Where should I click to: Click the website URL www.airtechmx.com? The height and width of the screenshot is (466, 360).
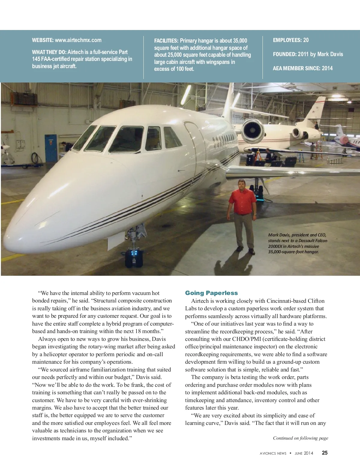[x=78, y=40]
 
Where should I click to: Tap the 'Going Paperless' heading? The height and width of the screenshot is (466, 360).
[x=211, y=293]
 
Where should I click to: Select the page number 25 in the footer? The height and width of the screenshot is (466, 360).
[x=325, y=453]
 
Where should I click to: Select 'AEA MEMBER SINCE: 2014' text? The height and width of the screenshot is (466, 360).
[x=302, y=68]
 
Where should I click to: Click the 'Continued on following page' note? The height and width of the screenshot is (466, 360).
[x=300, y=438]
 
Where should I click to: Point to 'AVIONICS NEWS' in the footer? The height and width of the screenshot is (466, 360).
[x=273, y=453]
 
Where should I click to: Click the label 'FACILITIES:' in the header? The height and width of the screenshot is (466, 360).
[x=166, y=41]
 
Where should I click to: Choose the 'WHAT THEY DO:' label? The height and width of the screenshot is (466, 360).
[x=49, y=52]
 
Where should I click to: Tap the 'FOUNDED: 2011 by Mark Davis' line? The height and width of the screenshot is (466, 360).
[x=308, y=54]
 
